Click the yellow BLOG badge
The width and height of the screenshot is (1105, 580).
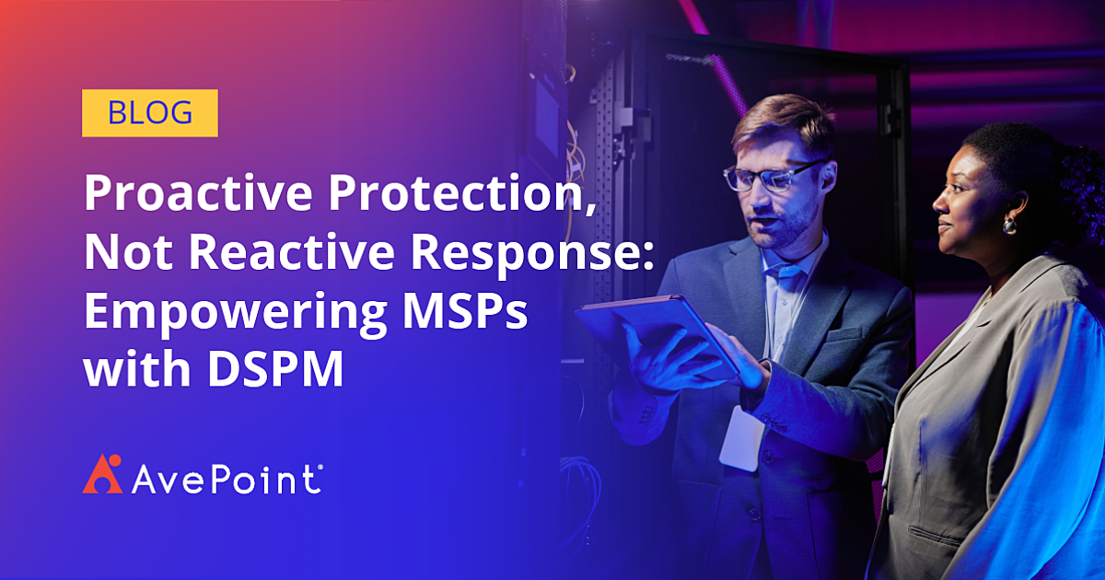coord(150,112)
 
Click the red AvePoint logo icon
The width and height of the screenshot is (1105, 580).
coord(101,473)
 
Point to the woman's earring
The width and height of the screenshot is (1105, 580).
coord(1010,225)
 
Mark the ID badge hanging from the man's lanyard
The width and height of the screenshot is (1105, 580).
coord(742,437)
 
